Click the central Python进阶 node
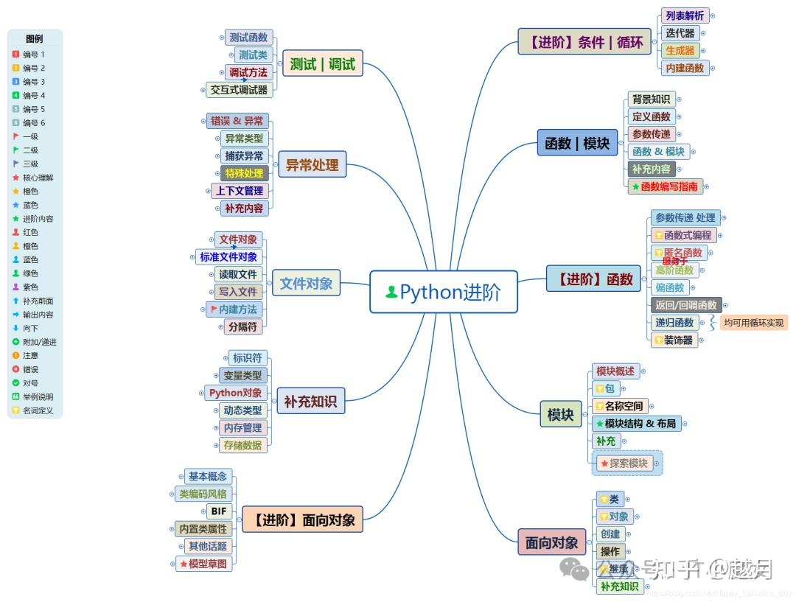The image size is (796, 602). click(443, 292)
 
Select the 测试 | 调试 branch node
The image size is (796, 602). click(322, 64)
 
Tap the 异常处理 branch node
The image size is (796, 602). click(312, 165)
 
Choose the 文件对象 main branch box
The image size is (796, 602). click(306, 283)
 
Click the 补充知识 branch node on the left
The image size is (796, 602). click(310, 402)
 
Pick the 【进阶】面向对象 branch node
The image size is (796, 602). click(302, 519)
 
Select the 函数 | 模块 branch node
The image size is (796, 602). click(577, 143)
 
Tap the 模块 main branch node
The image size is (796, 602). click(560, 415)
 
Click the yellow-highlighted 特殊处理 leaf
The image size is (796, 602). click(244, 173)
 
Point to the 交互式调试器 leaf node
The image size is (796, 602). click(239, 90)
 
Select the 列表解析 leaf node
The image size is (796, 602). click(685, 15)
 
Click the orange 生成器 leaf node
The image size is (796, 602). click(680, 51)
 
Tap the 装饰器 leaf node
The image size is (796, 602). click(674, 340)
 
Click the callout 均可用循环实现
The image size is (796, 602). click(753, 322)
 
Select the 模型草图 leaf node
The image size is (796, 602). click(203, 564)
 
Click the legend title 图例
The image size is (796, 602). click(34, 39)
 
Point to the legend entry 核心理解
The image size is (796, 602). click(38, 178)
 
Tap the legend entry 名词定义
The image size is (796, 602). click(38, 410)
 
